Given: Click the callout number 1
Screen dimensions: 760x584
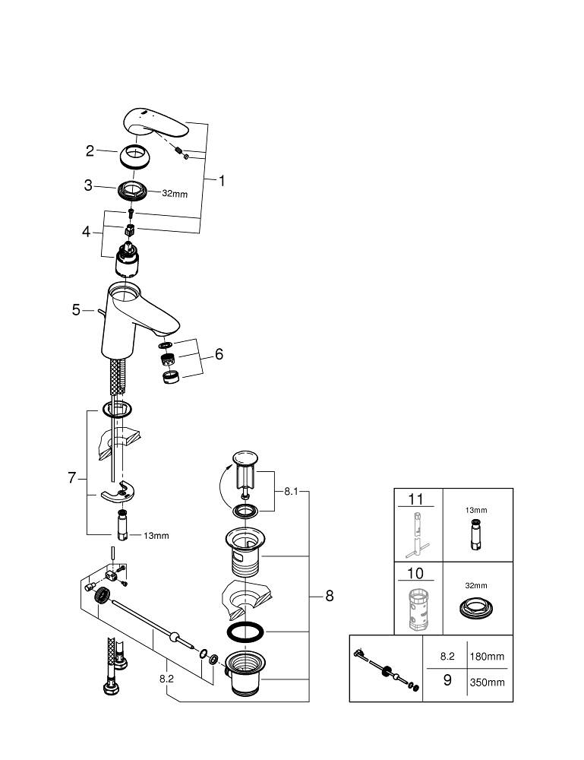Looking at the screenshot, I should [x=222, y=181].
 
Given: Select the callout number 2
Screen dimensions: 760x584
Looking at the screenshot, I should [x=90, y=150].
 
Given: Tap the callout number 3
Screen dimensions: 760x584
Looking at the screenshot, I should [x=89, y=185].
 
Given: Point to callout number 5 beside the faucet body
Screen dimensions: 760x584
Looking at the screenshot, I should [x=76, y=309].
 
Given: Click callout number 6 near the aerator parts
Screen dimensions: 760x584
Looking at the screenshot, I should [x=219, y=354].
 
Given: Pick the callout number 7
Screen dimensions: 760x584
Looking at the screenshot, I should [x=72, y=477].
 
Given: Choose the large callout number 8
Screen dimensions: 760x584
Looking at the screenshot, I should [x=329, y=596].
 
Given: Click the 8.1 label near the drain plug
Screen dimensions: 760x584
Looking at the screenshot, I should [x=291, y=492].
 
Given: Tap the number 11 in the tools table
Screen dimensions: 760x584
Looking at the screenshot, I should [x=416, y=499].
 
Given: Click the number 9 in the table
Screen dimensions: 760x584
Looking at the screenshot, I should [x=447, y=680].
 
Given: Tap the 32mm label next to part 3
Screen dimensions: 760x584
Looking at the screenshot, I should [x=175, y=193].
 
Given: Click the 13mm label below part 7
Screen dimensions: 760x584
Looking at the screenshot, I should [x=156, y=536].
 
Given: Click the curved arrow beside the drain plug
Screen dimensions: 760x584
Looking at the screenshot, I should [x=219, y=489].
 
